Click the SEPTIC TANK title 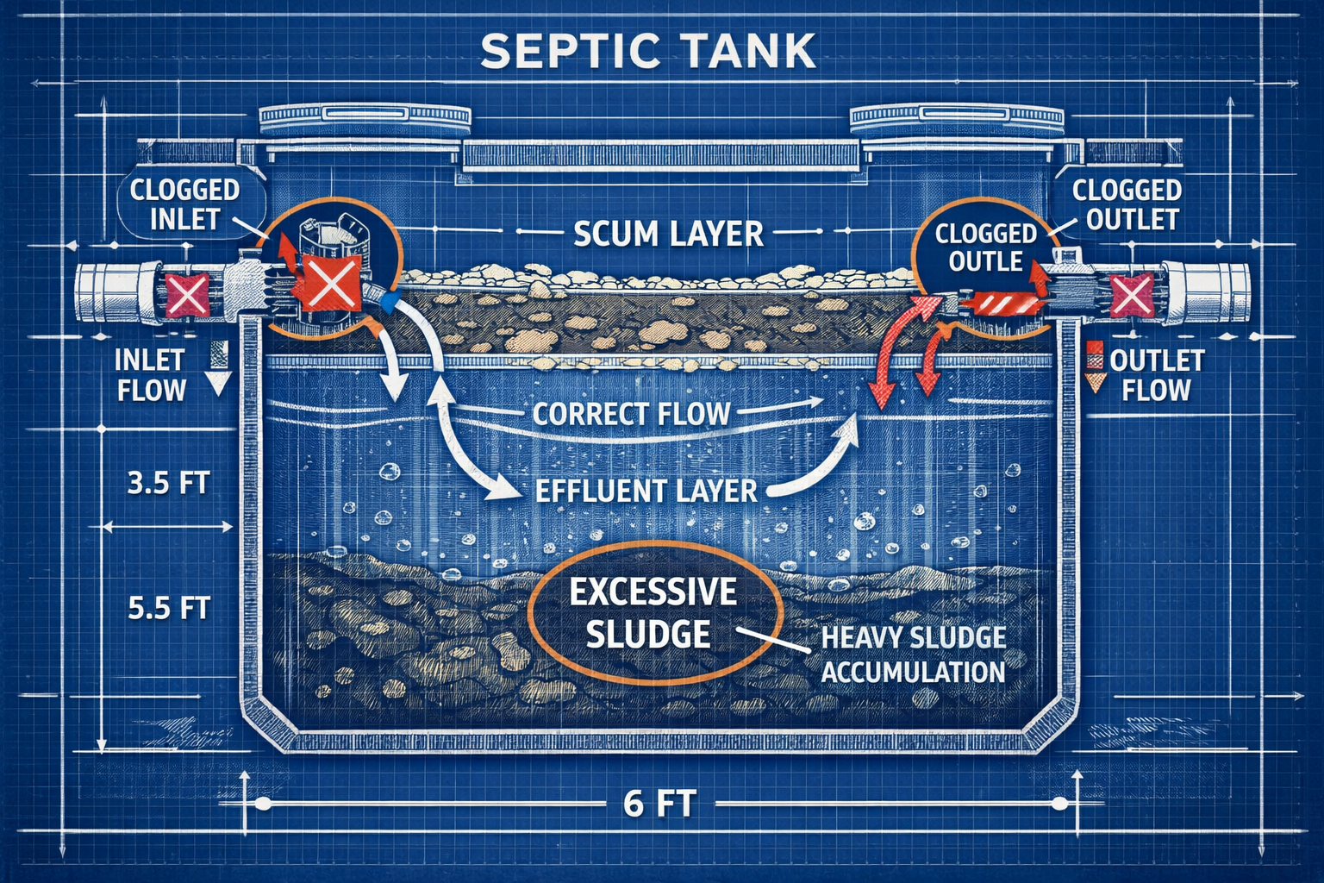coord(647,52)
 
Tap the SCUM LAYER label coord(668,234)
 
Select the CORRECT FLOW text coord(631,414)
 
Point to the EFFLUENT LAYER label coord(646,491)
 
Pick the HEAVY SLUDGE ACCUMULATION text coord(913,654)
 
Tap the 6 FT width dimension coord(659,804)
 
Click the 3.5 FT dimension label coord(168,482)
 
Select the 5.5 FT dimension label coord(168,608)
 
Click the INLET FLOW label coord(151,375)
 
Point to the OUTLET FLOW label coord(1156,375)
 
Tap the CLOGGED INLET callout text coord(184,204)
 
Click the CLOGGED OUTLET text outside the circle coord(1127,204)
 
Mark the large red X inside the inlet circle coord(325,284)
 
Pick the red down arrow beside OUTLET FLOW coord(1095,368)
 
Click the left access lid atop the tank coord(365,116)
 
